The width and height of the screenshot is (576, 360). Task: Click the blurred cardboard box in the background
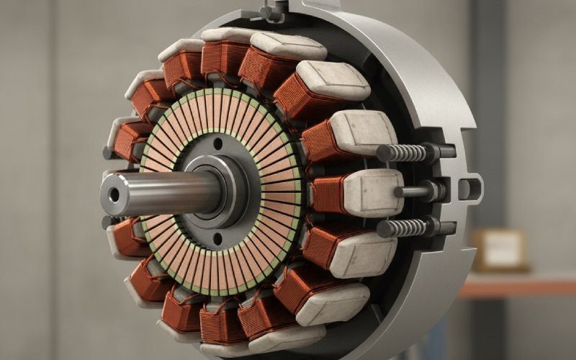[x=498, y=249]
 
